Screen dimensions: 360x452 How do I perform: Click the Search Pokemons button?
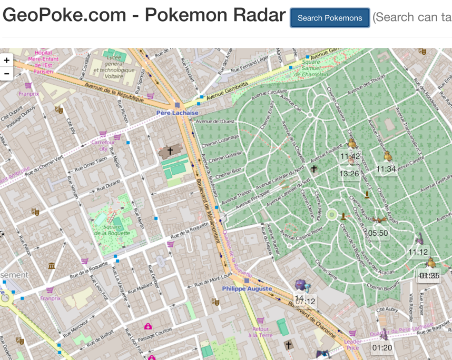pos(329,18)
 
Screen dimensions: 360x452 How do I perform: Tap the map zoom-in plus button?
pos(6,60)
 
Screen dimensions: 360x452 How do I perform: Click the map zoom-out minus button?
pos(6,74)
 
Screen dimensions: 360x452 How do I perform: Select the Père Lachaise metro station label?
pos(177,113)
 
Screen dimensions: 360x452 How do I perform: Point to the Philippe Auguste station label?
pos(247,288)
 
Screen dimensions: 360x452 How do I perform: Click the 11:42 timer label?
pos(350,156)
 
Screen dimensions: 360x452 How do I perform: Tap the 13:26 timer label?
pos(349,174)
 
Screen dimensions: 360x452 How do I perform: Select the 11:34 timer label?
pos(386,169)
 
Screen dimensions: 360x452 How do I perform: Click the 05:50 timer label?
pos(378,233)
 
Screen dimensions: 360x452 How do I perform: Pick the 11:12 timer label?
pos(418,252)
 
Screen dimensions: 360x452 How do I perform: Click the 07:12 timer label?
pos(305,301)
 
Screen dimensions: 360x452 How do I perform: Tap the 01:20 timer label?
pos(382,348)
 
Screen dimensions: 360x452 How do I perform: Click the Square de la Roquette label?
pos(107,229)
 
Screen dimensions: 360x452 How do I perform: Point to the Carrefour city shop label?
pos(103,145)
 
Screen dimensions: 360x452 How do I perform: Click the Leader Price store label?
pos(352,344)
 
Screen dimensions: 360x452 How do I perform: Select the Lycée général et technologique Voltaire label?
pos(112,66)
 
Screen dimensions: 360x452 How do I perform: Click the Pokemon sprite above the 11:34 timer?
pos(388,156)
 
